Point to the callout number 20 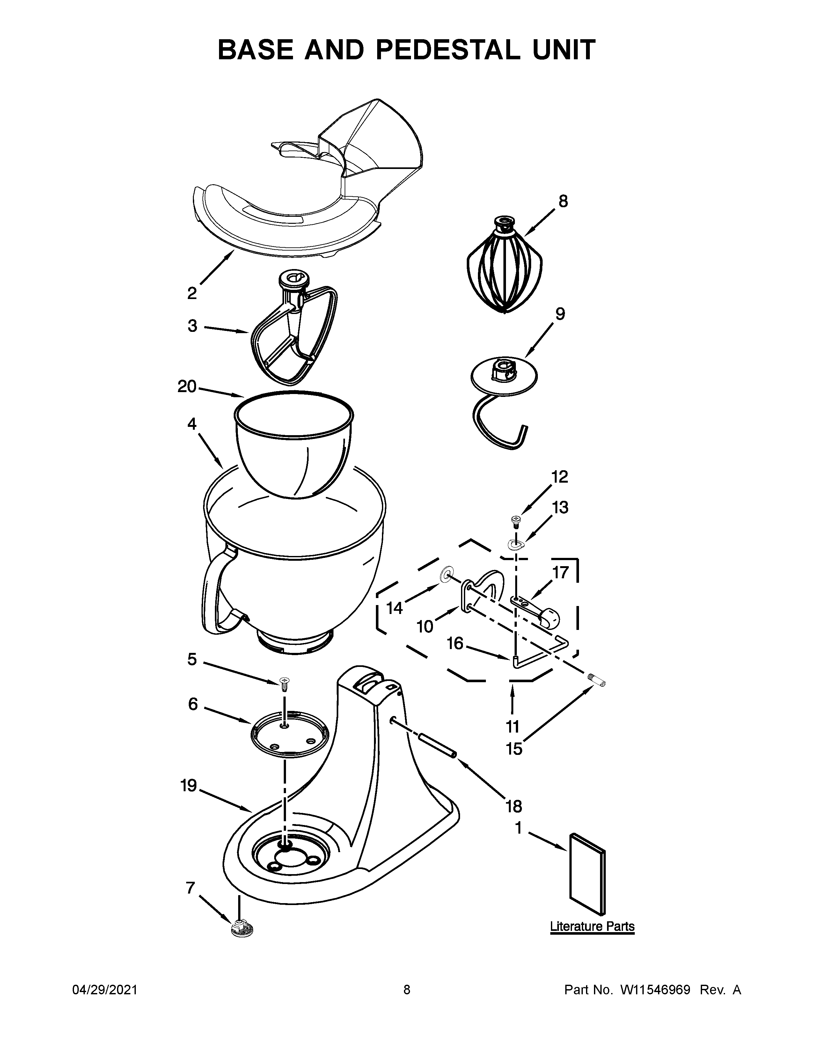pyautogui.click(x=187, y=386)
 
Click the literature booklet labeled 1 pyautogui.click(x=587, y=873)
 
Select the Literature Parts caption pyautogui.click(x=592, y=926)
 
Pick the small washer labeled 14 pyautogui.click(x=446, y=575)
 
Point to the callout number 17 pyautogui.click(x=560, y=572)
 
